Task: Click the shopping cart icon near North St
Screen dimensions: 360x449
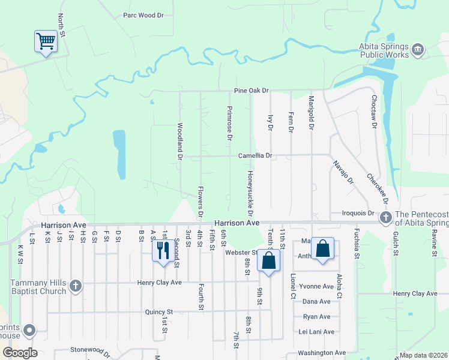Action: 46,41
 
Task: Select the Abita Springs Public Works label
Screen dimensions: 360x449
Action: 384,50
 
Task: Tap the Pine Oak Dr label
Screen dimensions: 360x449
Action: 251,91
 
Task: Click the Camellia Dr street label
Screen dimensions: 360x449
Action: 255,155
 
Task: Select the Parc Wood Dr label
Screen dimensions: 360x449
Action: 143,16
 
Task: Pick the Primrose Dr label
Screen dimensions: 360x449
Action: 229,123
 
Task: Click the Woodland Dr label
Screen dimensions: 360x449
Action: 179,141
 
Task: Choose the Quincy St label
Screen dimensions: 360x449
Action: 158,312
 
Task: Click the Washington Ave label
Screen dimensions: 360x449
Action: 322,353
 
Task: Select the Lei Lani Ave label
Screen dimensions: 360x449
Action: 316,332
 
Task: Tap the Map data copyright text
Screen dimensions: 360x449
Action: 423,355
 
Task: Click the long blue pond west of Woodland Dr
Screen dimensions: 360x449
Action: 119,154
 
